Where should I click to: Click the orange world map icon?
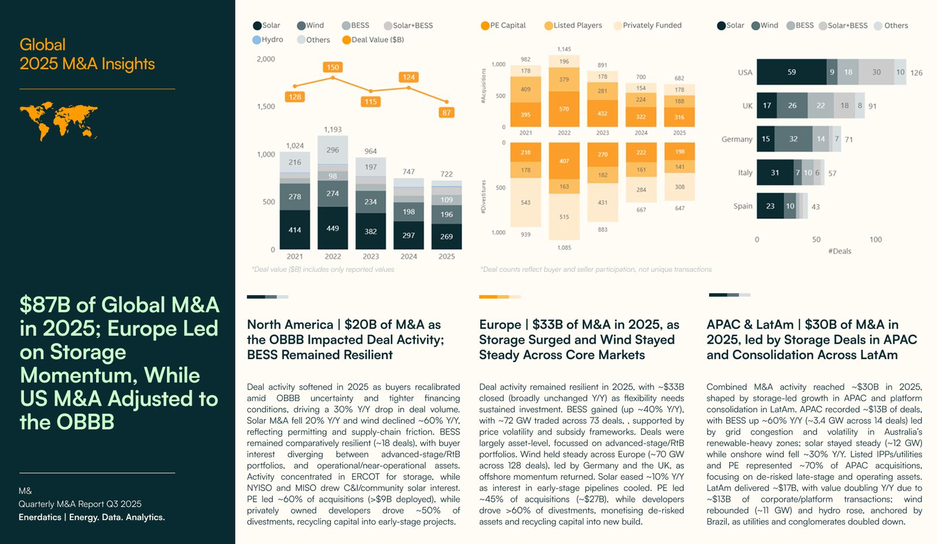coord(58,121)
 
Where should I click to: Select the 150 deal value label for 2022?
coord(333,67)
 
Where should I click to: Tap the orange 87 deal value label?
coord(446,112)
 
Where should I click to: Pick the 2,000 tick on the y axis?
coord(266,59)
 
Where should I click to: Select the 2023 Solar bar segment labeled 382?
coord(371,231)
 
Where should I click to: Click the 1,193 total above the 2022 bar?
coord(333,129)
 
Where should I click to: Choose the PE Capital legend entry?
coord(503,25)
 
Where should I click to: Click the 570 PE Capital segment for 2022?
coord(564,109)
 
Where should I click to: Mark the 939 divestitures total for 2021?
coord(526,234)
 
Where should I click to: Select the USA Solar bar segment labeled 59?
coord(791,72)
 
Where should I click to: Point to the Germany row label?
coord(737,139)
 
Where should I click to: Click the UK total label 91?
coord(873,106)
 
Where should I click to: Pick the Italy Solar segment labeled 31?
coord(775,173)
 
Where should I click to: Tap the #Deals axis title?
coord(840,251)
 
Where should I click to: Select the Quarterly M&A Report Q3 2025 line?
coord(80,504)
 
